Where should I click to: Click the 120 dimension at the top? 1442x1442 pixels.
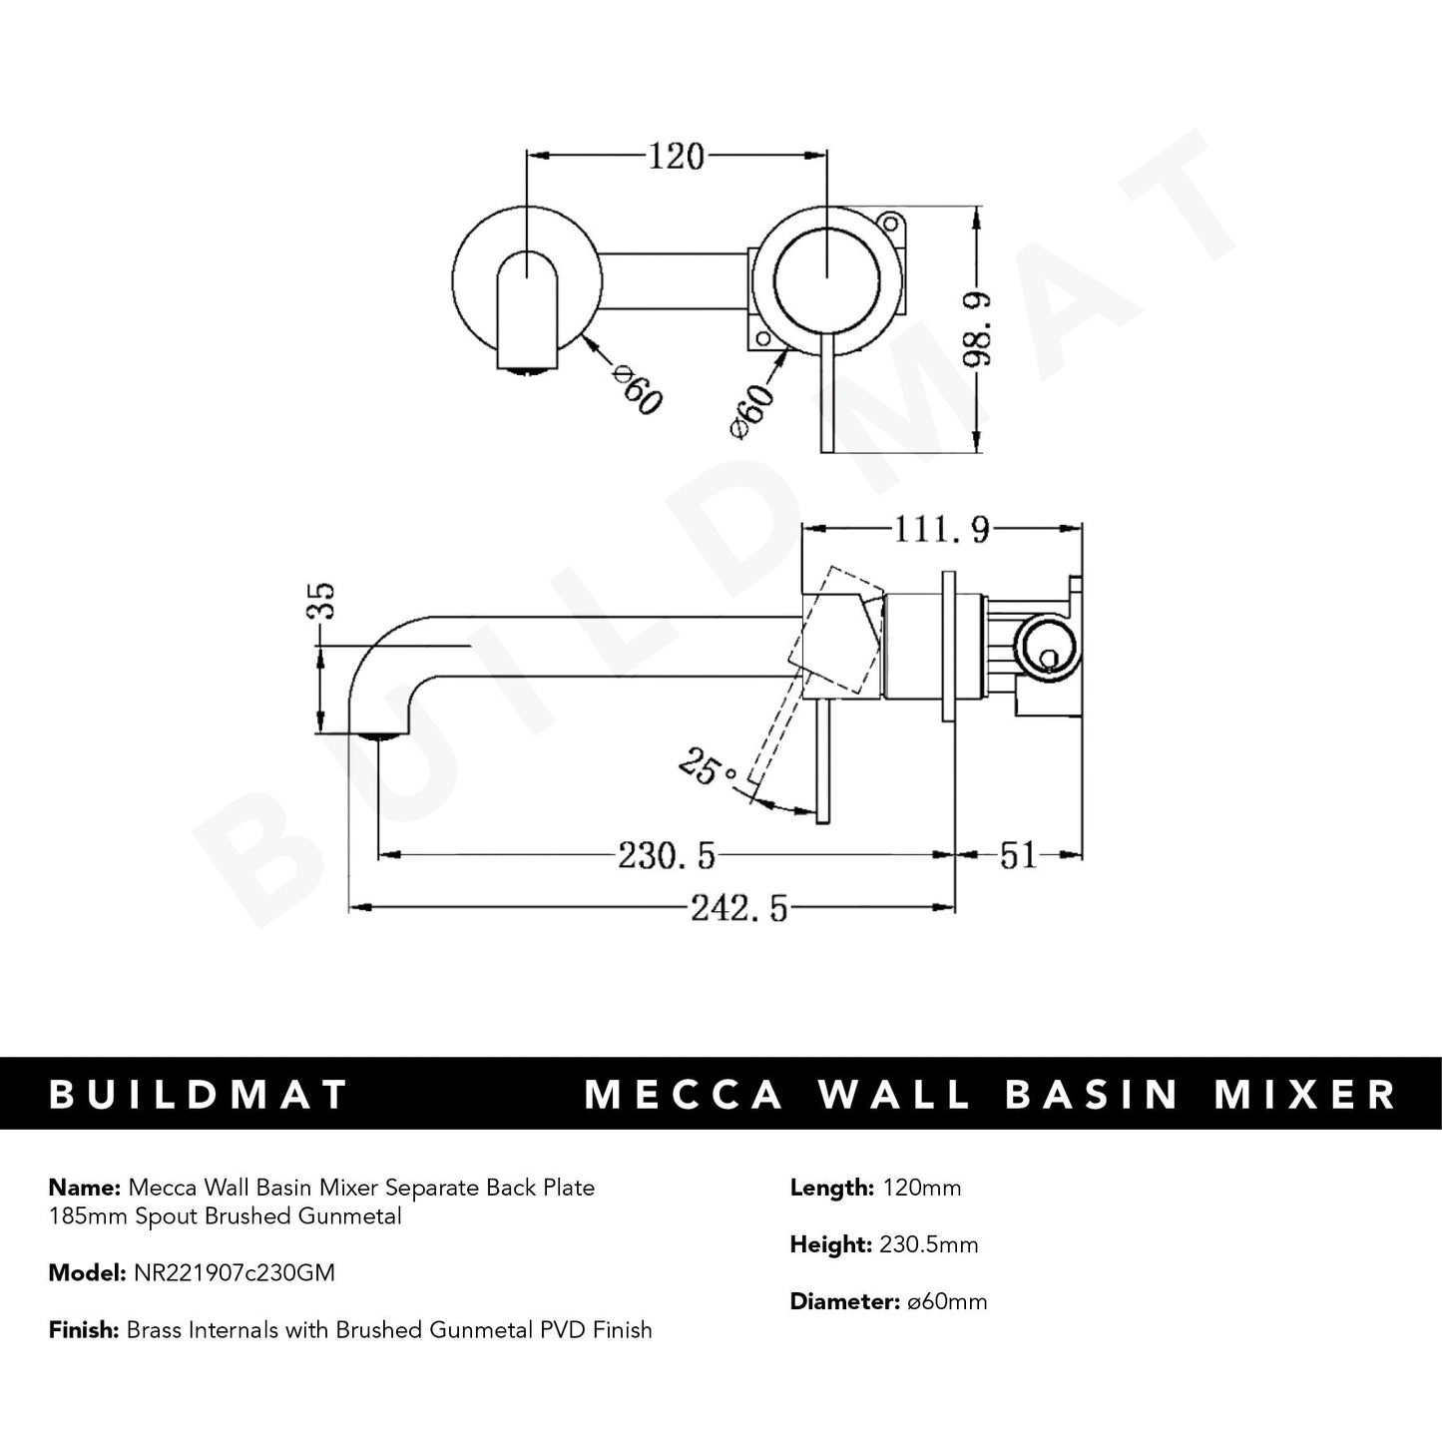(677, 157)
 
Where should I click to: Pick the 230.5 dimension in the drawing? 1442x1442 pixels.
(667, 855)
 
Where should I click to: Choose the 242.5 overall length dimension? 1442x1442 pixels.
(737, 909)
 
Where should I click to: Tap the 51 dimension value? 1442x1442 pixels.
(1018, 855)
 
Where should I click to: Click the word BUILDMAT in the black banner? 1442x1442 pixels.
(199, 1094)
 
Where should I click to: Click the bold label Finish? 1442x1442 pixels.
(84, 1329)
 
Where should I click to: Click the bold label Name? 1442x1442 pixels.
(83, 1188)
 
